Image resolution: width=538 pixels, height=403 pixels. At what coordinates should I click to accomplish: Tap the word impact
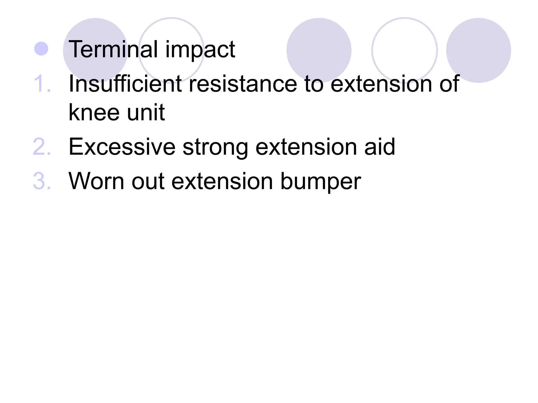(200, 50)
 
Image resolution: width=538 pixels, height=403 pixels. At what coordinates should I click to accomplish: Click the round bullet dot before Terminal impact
(41, 49)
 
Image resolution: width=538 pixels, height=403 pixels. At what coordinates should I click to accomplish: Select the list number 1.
(42, 84)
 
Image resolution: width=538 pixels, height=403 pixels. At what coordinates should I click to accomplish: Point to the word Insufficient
(125, 84)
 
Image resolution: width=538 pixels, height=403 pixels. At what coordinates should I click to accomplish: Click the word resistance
(243, 84)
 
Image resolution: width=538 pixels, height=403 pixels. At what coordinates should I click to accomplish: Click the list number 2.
(42, 147)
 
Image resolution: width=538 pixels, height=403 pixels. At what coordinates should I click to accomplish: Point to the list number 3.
(42, 181)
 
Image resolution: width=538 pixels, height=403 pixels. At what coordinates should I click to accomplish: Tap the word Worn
(96, 181)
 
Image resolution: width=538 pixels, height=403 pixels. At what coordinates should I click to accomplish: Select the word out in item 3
(148, 181)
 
